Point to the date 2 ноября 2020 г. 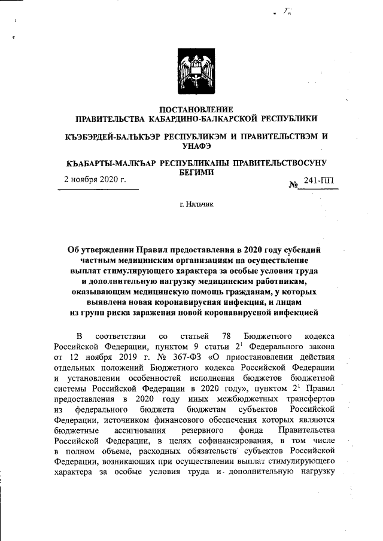(x=95, y=179)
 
